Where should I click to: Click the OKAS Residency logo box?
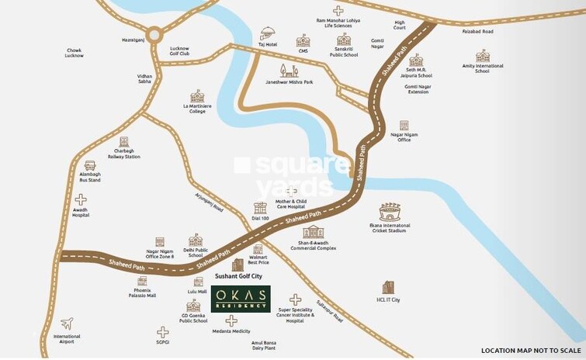point(240,299)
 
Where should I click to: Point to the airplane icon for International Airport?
point(67,323)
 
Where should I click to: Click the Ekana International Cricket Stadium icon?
point(390,212)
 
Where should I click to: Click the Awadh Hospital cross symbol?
point(81,199)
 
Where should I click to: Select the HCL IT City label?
point(387,299)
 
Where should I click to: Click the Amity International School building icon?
point(483,56)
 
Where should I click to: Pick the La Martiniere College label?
point(196,108)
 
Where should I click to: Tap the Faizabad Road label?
point(477,32)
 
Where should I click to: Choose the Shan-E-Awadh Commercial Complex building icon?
point(313,232)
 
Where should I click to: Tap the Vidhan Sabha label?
point(145,79)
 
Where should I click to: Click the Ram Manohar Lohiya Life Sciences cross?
point(337,10)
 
